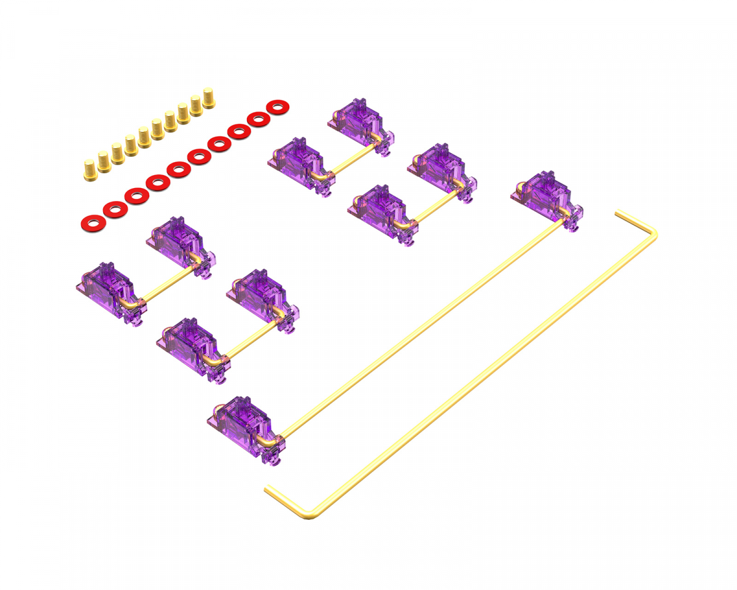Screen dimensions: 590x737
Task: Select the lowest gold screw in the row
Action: (90, 170)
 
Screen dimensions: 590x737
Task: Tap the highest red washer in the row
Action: (278, 107)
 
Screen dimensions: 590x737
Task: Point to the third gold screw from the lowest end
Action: (117, 154)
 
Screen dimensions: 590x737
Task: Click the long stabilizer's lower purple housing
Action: (244, 424)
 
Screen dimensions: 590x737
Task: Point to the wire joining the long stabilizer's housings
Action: (418, 326)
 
